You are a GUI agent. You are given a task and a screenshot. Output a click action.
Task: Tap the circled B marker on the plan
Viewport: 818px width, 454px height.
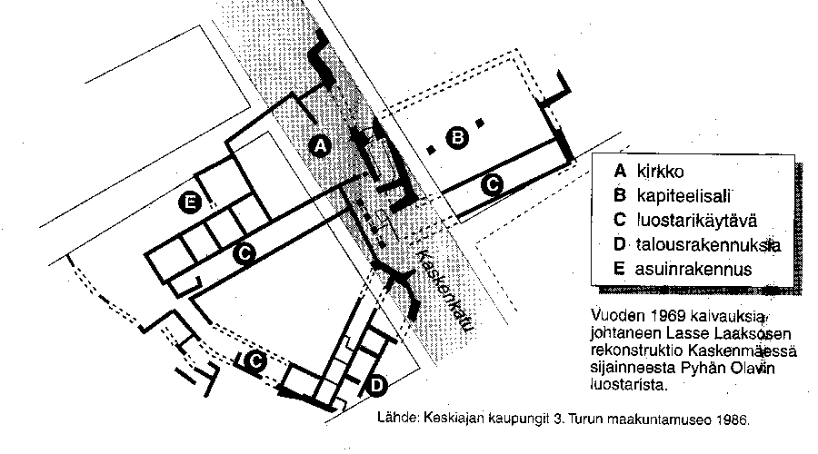click(458, 138)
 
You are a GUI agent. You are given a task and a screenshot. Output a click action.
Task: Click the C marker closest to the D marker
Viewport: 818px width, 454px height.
click(255, 361)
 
